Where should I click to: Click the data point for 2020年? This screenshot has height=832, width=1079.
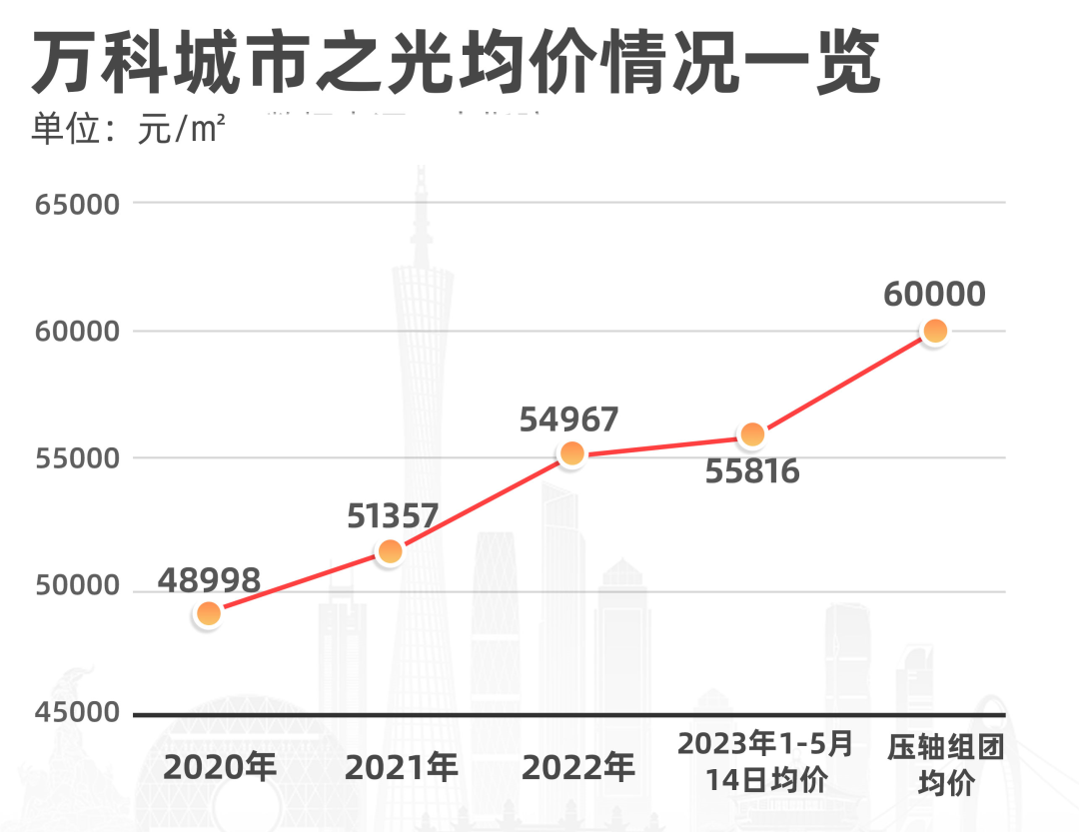click(208, 613)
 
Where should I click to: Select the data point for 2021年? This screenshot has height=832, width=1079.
click(390, 551)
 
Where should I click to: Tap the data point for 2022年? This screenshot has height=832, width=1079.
click(571, 454)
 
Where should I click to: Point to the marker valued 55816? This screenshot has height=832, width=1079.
click(752, 434)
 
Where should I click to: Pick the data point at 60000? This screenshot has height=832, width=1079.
click(934, 331)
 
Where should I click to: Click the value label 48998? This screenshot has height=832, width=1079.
click(209, 578)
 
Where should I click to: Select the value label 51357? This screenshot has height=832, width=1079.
click(393, 515)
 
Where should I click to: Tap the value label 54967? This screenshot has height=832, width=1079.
click(569, 419)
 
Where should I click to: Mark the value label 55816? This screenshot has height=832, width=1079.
click(752, 470)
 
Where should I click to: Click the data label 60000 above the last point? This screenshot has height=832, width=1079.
click(934, 294)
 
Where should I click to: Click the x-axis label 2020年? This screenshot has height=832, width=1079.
click(220, 767)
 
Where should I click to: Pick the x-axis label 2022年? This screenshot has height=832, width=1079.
click(578, 767)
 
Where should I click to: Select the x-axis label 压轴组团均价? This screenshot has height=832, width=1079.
click(945, 765)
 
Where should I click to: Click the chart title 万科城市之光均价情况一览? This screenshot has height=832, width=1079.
click(456, 63)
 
